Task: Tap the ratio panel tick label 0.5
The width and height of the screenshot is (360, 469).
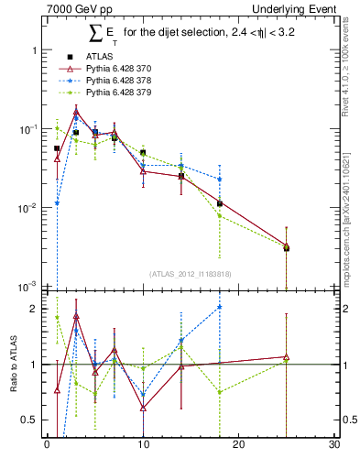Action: (x=30, y=420)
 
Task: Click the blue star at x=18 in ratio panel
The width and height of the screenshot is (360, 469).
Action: (x=220, y=307)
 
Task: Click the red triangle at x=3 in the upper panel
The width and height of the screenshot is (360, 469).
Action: (x=76, y=113)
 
